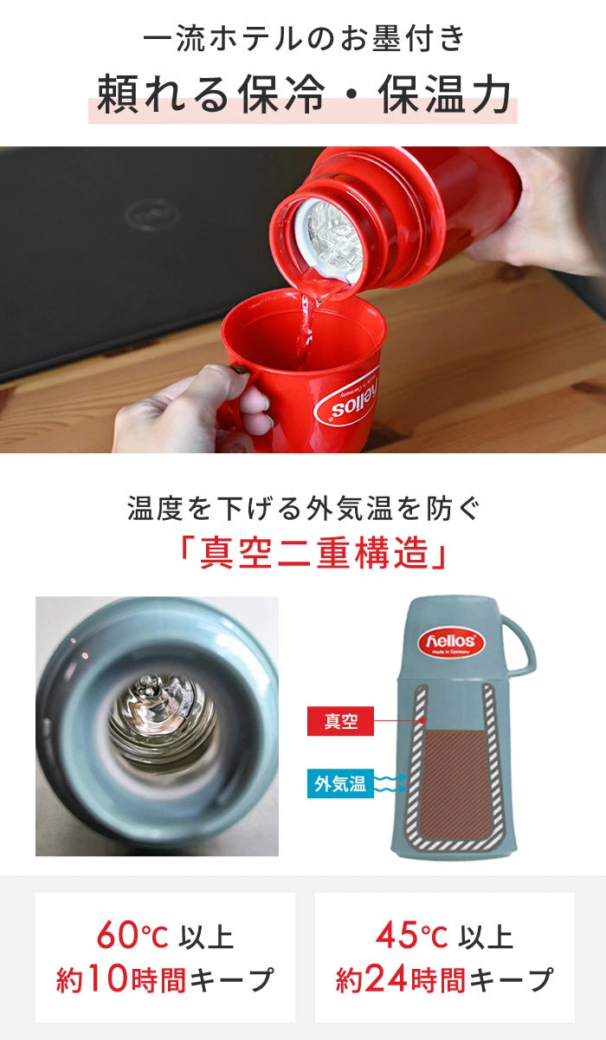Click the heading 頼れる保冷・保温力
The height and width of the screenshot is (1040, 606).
pyautogui.click(x=303, y=95)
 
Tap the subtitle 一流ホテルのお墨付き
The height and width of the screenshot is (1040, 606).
pyautogui.click(x=303, y=39)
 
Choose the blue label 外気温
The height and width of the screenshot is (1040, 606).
pyautogui.click(x=340, y=785)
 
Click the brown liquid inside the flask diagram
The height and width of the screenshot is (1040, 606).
pyautogui.click(x=456, y=780)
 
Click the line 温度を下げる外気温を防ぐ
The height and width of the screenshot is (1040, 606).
pyautogui.click(x=303, y=508)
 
